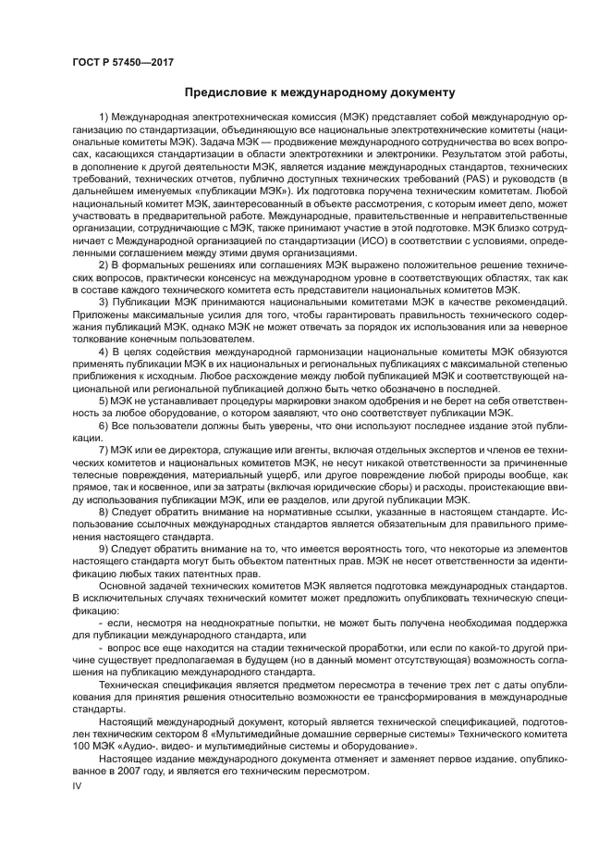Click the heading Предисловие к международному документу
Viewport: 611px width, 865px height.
coord(319,93)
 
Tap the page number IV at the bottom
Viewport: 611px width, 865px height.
coord(78,785)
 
